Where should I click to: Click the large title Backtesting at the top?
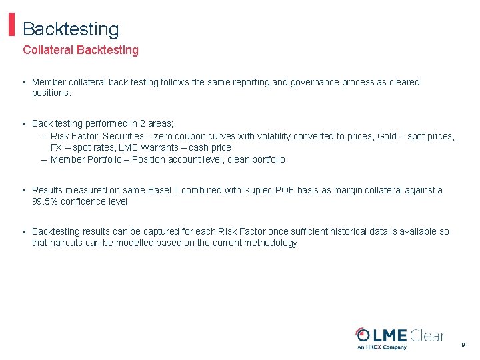(x=71, y=29)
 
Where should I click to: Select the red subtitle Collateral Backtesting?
(x=81, y=50)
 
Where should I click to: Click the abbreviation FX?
(x=57, y=147)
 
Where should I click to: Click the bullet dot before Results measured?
(x=24, y=191)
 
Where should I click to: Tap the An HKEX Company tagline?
(x=382, y=347)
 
